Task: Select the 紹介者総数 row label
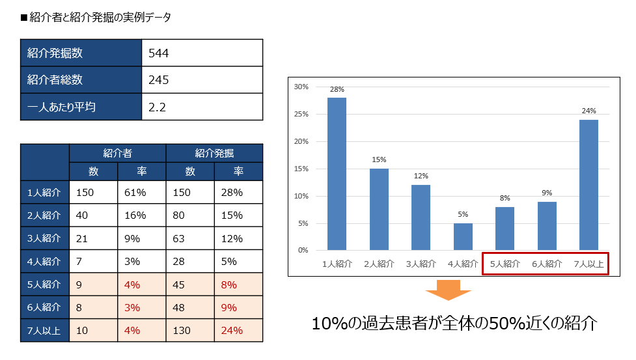click(55, 80)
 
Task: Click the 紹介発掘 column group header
click(214, 153)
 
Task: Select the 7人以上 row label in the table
click(45, 330)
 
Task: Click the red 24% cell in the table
click(232, 330)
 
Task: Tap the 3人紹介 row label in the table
click(45, 238)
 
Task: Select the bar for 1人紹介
click(337, 174)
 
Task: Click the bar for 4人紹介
click(463, 236)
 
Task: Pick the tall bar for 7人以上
click(588, 185)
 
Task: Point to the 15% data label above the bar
click(379, 159)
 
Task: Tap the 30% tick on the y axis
click(301, 87)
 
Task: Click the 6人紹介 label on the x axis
click(547, 264)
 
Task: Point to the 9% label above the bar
click(547, 192)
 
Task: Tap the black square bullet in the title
click(25, 18)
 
